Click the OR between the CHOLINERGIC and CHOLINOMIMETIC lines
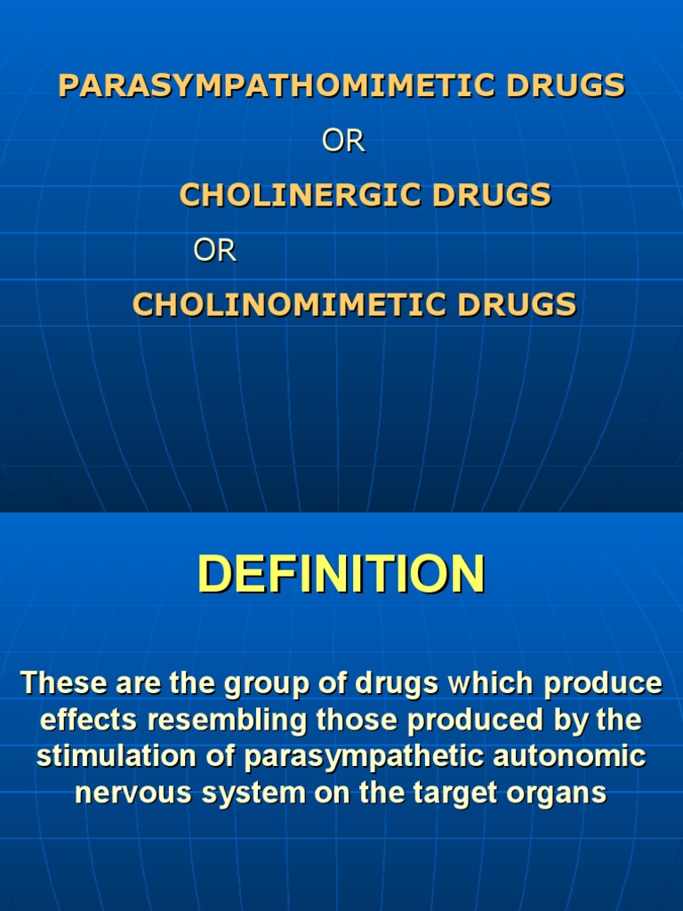215,252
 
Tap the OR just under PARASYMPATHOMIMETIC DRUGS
343,141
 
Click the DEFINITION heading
341,574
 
